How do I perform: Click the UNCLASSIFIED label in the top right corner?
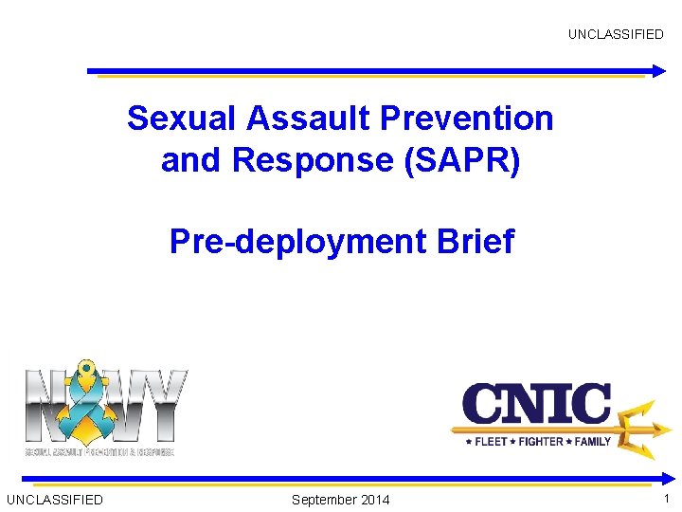[616, 34]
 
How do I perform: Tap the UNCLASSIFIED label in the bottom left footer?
[55, 500]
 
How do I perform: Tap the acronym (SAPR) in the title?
[462, 161]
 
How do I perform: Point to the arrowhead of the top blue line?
[658, 70]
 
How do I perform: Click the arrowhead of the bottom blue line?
[658, 478]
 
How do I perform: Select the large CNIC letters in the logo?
[535, 405]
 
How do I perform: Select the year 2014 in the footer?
[374, 500]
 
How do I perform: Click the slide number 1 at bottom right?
[667, 499]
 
